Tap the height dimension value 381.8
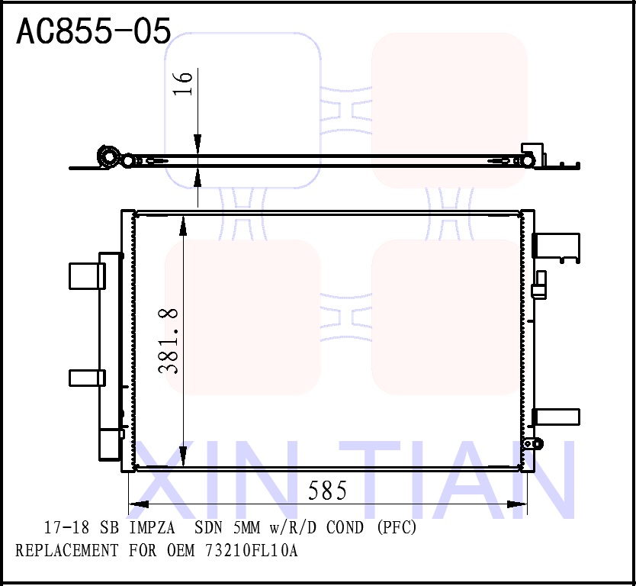click(169, 340)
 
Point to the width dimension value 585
click(327, 491)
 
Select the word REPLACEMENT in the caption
click(67, 550)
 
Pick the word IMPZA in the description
click(151, 527)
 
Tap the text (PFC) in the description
click(397, 527)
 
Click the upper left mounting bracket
click(86, 275)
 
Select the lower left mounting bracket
click(86, 378)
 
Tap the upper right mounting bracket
click(557, 246)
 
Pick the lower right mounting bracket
click(556, 417)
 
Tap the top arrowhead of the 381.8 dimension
click(183, 224)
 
